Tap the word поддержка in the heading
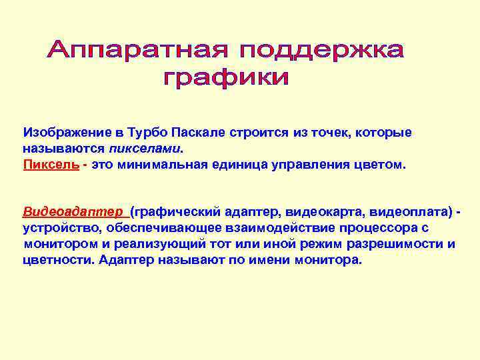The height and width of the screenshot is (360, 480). pos(322,49)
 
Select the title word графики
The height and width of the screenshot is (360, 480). pos(227,79)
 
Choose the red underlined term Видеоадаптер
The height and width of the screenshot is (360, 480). pos(74,212)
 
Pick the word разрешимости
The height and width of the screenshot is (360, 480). pos(389,244)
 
